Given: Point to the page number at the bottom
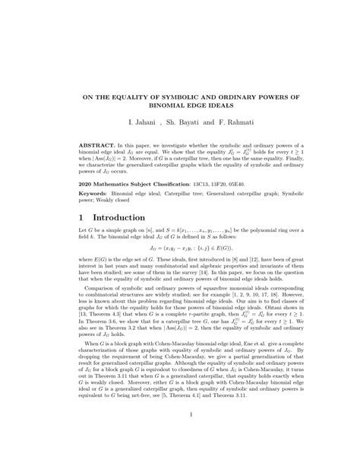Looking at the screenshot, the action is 180,435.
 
